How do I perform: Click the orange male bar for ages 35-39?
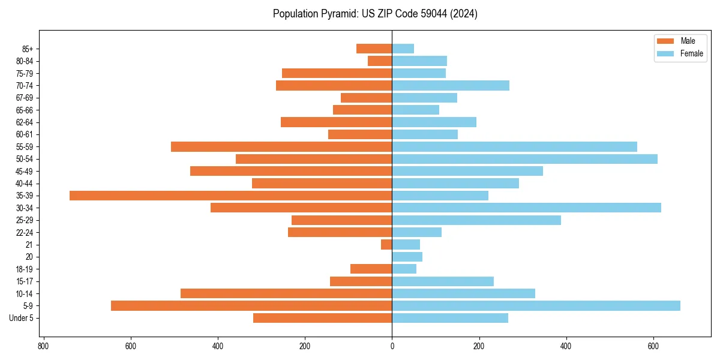tap(231, 196)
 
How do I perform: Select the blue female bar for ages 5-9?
tap(536, 306)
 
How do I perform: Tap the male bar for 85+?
tap(374, 49)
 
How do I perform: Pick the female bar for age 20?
tap(407, 257)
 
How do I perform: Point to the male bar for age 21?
tap(386, 245)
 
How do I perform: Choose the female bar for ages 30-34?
tap(526, 208)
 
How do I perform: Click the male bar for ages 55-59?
tap(281, 147)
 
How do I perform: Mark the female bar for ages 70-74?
tap(451, 86)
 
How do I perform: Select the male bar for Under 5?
tap(322, 318)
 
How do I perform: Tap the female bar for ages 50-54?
tap(524, 159)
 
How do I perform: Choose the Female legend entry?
tap(680, 53)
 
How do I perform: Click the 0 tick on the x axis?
tap(392, 346)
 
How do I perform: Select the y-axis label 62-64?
tap(24, 122)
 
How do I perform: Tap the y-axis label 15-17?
tap(24, 281)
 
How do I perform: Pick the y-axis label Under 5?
tap(21, 318)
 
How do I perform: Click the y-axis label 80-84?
tap(24, 61)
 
